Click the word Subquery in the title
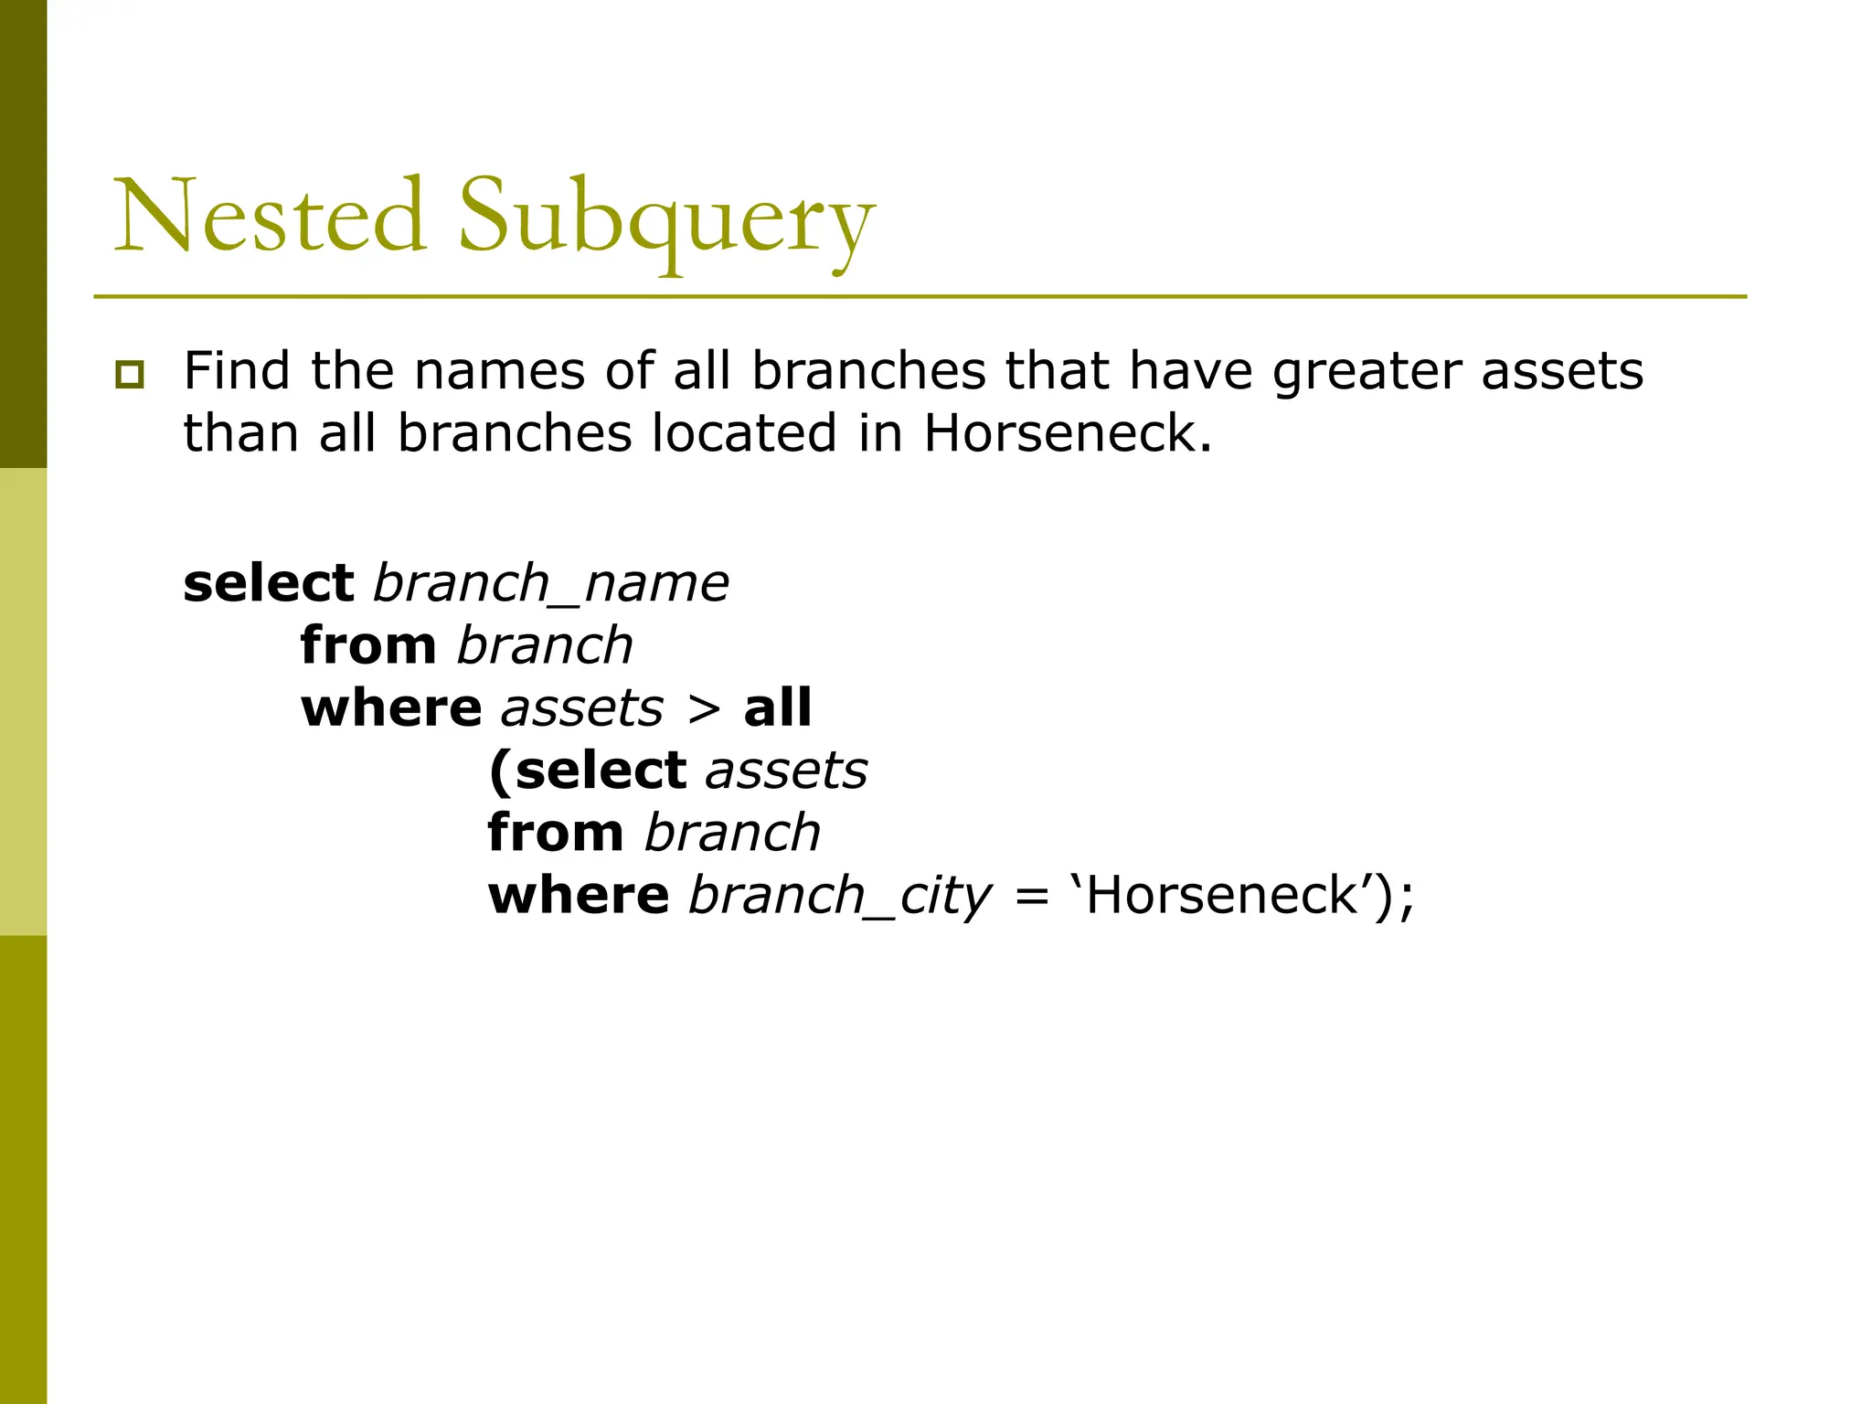coord(666,219)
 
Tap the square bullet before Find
coord(130,375)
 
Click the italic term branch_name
coord(551,584)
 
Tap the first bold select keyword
coord(269,584)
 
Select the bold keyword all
coord(777,708)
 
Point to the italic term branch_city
coord(839,896)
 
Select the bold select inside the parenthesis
coord(601,771)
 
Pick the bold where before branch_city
coord(579,895)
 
